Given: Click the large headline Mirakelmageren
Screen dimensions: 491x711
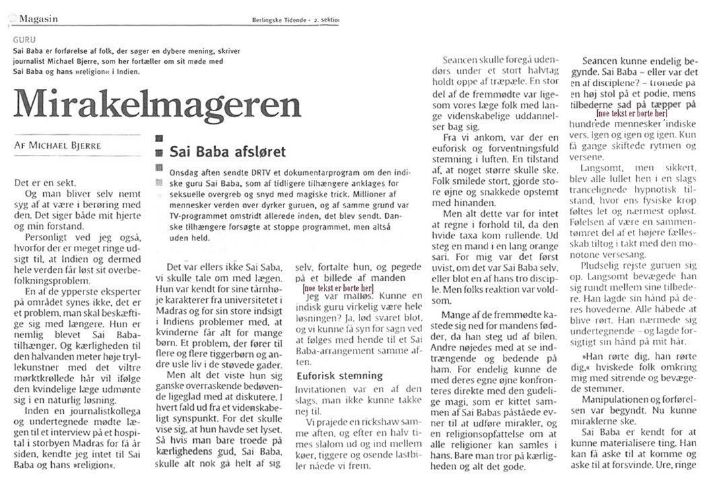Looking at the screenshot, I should point(157,104).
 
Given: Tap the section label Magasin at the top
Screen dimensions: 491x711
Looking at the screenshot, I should point(39,19).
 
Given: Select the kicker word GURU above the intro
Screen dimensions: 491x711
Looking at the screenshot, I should point(24,40).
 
